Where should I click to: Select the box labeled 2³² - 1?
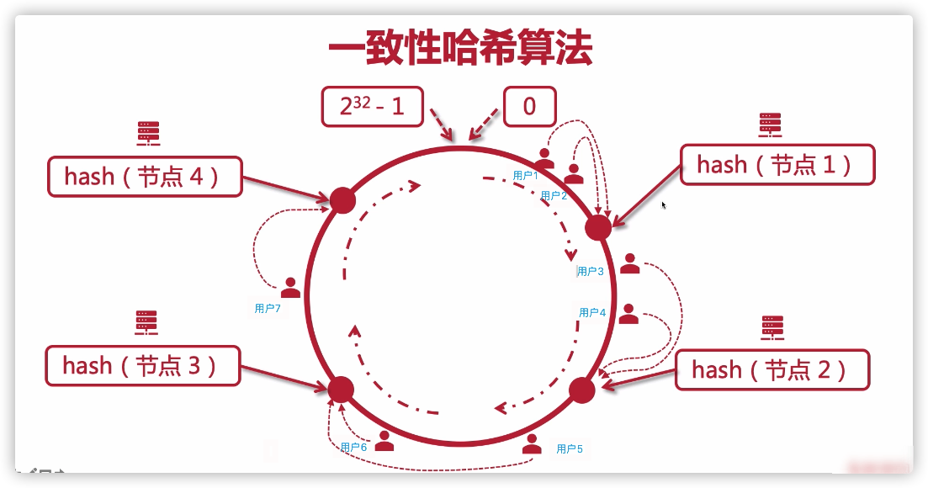point(372,107)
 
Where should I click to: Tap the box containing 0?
point(529,107)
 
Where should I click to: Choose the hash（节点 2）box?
point(772,369)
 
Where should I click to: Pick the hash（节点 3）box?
point(142,366)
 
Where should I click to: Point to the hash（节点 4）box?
point(145,177)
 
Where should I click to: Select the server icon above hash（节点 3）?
point(147,323)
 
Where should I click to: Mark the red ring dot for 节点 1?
point(597,227)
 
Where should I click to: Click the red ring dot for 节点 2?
point(582,390)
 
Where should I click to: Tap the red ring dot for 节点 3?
point(341,389)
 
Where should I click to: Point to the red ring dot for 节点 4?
point(342,200)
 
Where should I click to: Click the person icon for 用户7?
point(290,288)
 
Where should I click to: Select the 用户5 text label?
point(570,449)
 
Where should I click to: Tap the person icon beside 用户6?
point(384,441)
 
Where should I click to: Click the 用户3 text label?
point(591,271)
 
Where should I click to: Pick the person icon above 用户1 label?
point(544,157)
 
